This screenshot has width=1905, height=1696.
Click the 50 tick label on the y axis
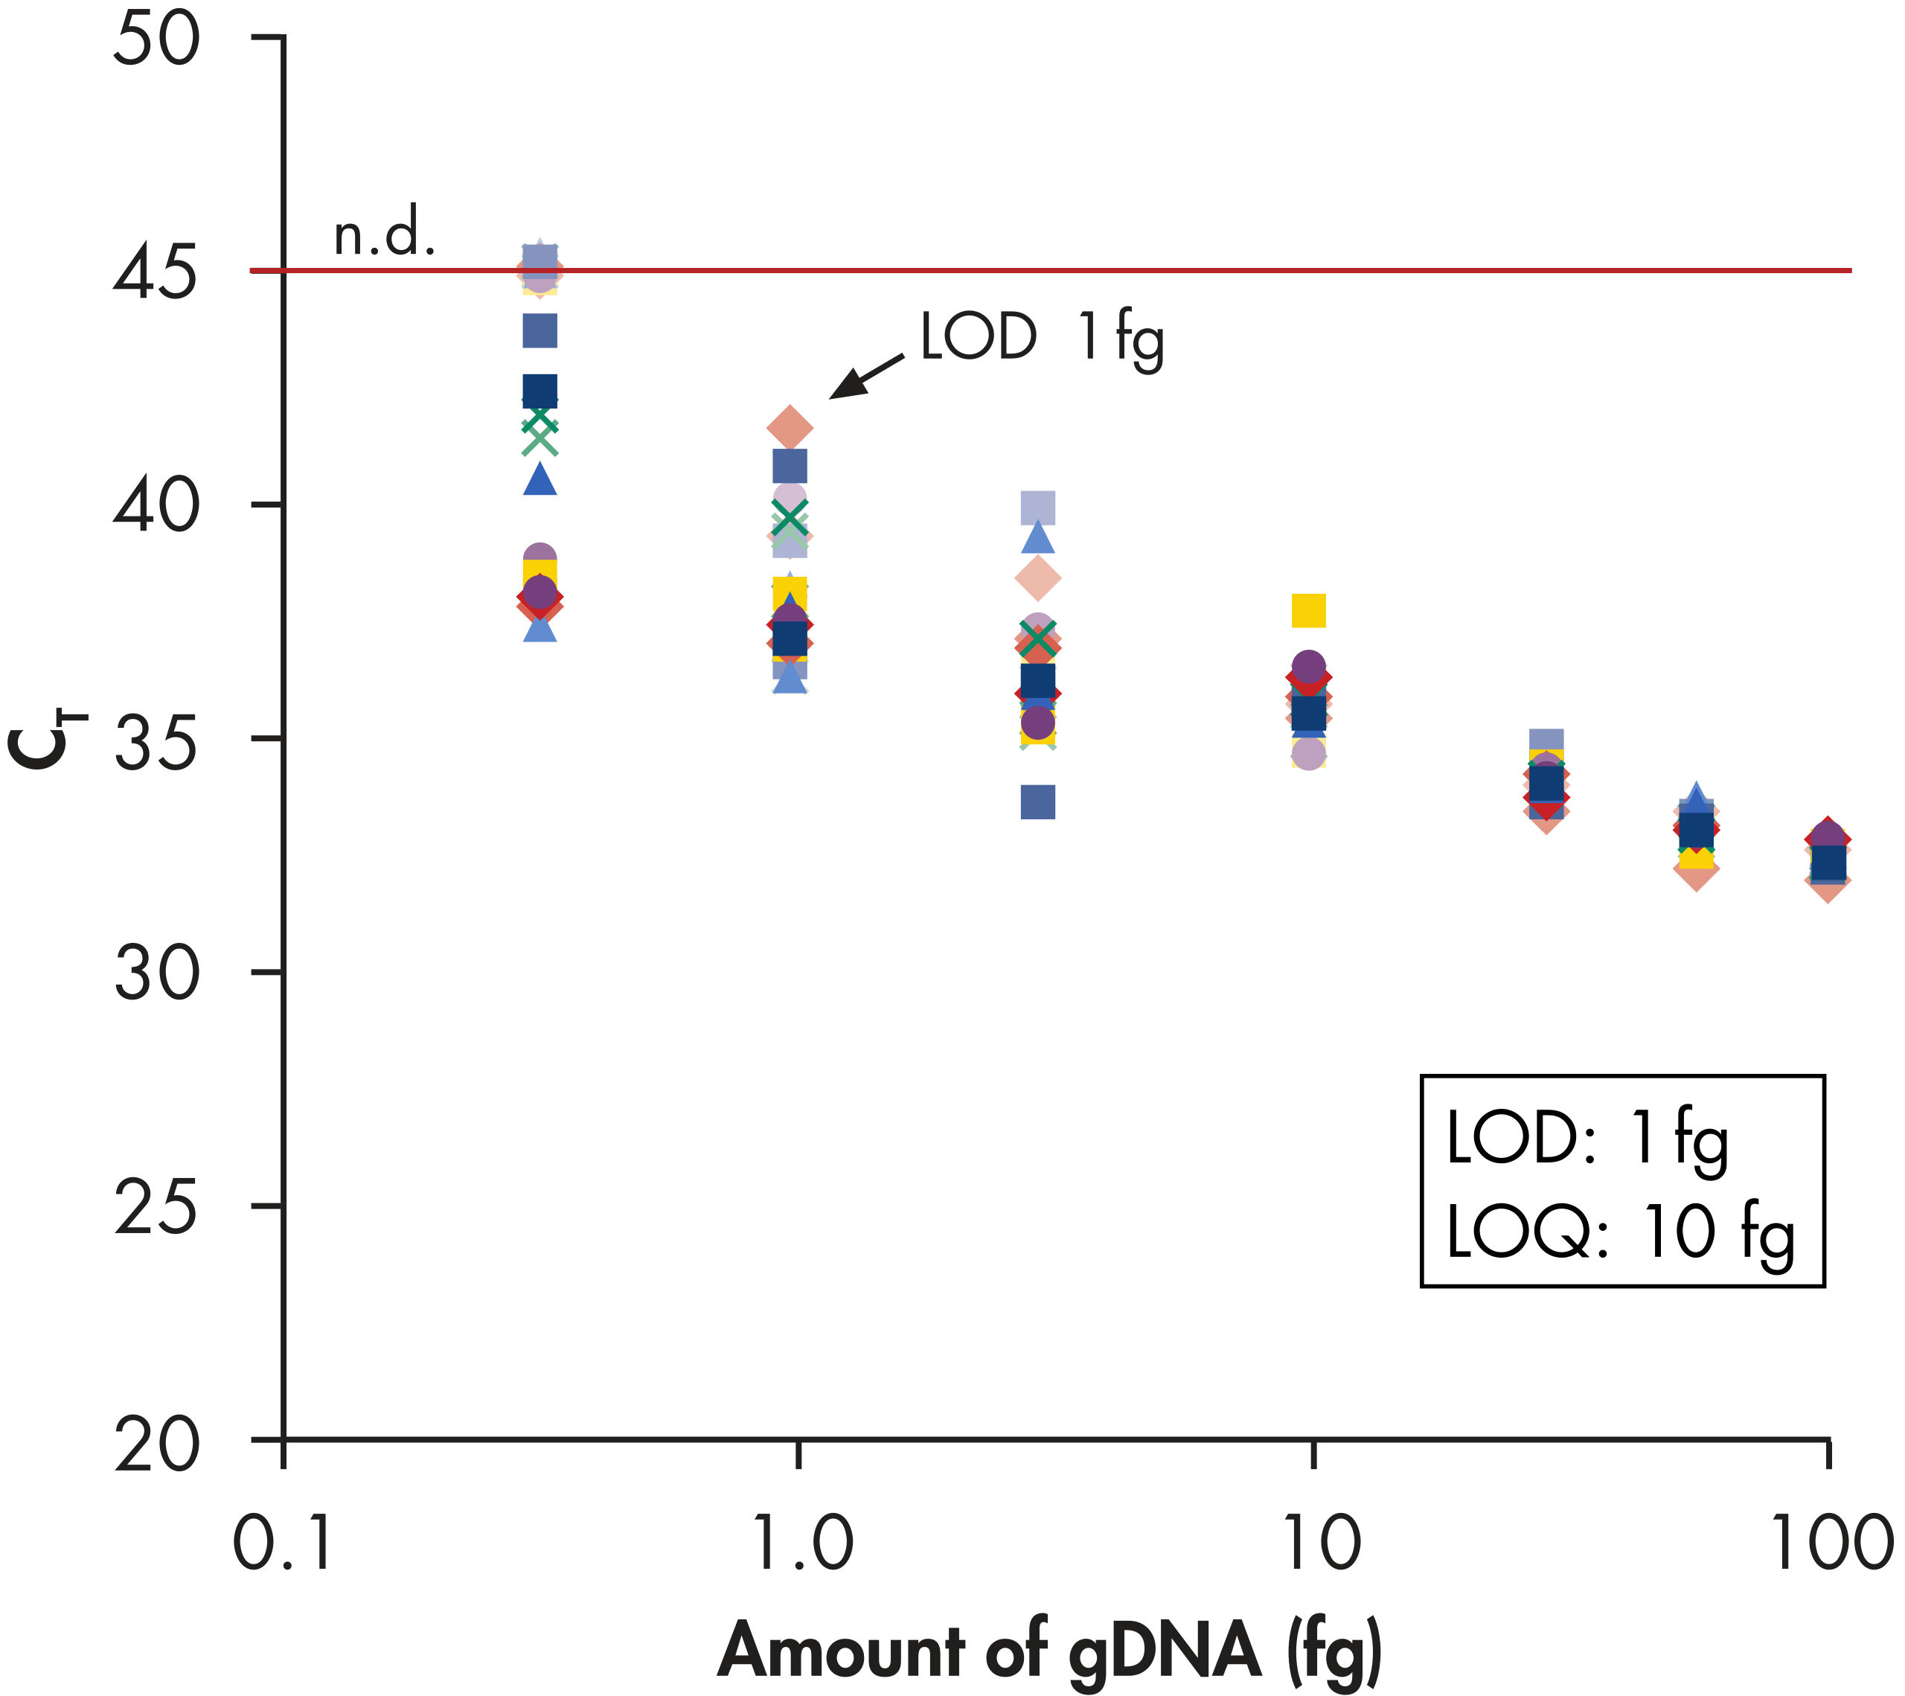click(156, 42)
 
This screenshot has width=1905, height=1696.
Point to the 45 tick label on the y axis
click(156, 275)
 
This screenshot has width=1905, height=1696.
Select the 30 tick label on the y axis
click(156, 975)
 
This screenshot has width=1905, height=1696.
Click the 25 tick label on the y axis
click(156, 1209)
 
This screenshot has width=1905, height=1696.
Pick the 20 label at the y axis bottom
click(156, 1446)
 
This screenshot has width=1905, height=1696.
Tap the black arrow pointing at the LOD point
click(866, 377)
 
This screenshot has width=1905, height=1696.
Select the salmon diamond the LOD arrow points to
click(790, 428)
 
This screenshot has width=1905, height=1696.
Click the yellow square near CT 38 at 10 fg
click(1308, 611)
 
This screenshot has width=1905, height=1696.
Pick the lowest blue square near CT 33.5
click(1038, 802)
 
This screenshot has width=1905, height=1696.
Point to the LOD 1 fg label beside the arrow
click(1042, 337)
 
